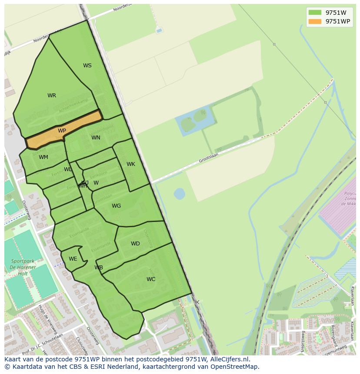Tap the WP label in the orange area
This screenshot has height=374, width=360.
pyautogui.click(x=62, y=131)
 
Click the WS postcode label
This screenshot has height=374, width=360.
pyautogui.click(x=87, y=66)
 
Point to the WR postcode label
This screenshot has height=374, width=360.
pyautogui.click(x=52, y=96)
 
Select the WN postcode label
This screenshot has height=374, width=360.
pyautogui.click(x=96, y=138)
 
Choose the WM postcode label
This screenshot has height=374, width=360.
pyautogui.click(x=43, y=157)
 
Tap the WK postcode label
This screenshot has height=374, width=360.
pyautogui.click(x=131, y=164)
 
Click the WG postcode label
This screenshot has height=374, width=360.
pyautogui.click(x=116, y=206)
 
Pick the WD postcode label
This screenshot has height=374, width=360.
pyautogui.click(x=135, y=244)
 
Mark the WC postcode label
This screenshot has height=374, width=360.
pyautogui.click(x=151, y=279)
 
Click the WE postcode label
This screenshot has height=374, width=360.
pyautogui.click(x=73, y=259)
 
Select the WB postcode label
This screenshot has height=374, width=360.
pyautogui.click(x=99, y=268)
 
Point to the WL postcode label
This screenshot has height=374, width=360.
pyautogui.click(x=68, y=169)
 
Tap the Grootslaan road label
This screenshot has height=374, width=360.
pyautogui.click(x=208, y=158)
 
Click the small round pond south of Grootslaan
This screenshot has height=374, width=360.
pyautogui.click(x=179, y=193)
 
